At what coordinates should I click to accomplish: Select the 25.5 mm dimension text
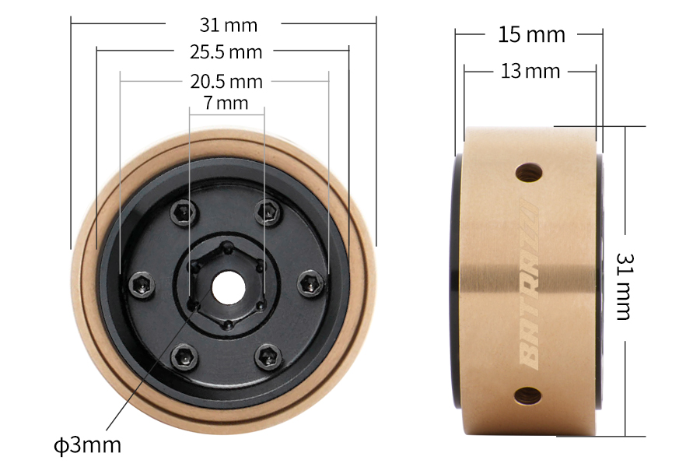[x=226, y=52]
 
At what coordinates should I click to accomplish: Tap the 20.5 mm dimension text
[x=226, y=81]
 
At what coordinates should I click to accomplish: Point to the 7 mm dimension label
[x=226, y=102]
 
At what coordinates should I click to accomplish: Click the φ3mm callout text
[x=88, y=445]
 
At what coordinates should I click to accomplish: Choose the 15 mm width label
[x=531, y=34]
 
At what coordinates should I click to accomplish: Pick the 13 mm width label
[x=530, y=72]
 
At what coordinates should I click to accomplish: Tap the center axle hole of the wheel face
[x=226, y=287]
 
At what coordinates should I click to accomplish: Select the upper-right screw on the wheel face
[x=269, y=210]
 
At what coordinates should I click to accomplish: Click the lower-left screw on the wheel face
[x=184, y=357]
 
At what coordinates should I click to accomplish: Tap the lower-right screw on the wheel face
[x=269, y=357]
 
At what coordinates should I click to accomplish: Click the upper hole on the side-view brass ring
[x=530, y=171]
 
